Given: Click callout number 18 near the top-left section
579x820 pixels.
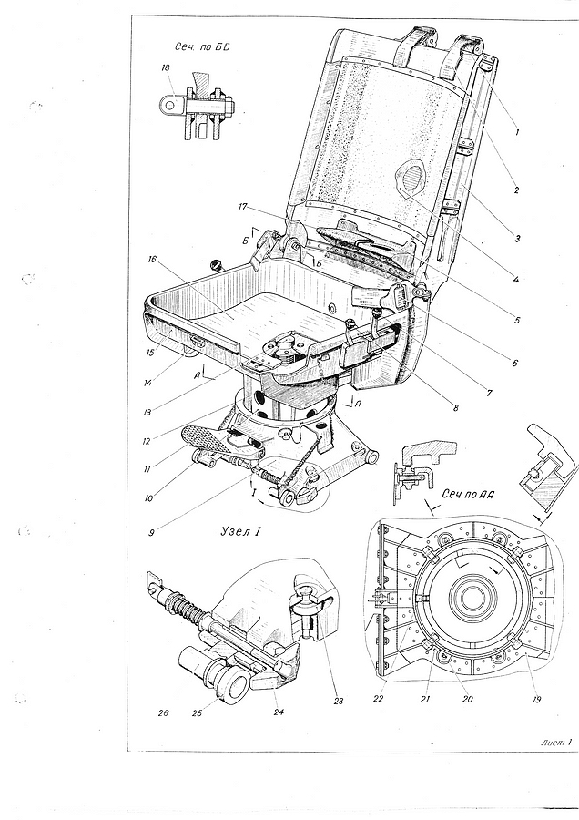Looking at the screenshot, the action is coord(166,67).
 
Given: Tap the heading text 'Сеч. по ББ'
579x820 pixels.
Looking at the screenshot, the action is coord(202,47).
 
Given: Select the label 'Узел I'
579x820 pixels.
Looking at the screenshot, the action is coord(239,532).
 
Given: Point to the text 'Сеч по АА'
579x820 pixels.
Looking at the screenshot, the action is coord(468,494).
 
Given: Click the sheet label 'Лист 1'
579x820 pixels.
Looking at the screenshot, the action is coord(557,742).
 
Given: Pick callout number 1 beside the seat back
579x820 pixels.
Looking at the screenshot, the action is coord(517,132).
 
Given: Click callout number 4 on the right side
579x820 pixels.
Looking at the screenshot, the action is coord(516,280).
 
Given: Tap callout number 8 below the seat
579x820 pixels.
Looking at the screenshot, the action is coord(456,408).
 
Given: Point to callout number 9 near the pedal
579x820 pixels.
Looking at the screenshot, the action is coord(151,533).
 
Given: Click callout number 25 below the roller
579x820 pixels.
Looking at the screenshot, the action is coord(212,712).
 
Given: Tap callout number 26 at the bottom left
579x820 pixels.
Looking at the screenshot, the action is coord(164,712).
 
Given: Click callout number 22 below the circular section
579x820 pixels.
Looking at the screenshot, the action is coord(379,698).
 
